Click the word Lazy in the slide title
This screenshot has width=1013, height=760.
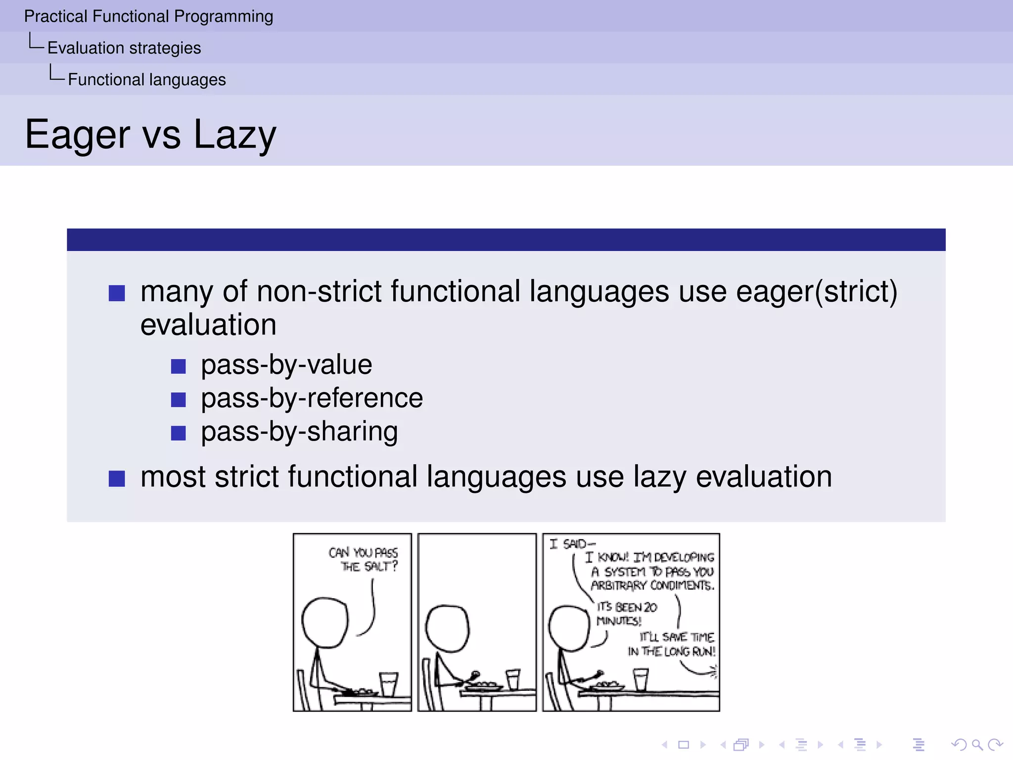pos(234,135)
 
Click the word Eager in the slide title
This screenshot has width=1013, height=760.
pos(78,135)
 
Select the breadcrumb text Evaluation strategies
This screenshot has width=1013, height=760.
pos(124,48)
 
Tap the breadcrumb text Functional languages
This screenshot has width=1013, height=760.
pos(146,80)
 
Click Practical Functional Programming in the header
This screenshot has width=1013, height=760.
pos(148,16)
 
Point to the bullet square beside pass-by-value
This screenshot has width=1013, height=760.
pos(178,367)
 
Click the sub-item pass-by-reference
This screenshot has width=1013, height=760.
pos(312,398)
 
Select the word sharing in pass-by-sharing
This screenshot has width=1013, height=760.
pos(352,431)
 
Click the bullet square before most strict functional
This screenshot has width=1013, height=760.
pos(117,478)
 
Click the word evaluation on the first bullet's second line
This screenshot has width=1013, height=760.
pos(208,325)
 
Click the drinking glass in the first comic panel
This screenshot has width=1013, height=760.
pos(388,684)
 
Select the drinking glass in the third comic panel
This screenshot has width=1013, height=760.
pos(641,679)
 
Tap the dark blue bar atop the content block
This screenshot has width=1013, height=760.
pos(506,240)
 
